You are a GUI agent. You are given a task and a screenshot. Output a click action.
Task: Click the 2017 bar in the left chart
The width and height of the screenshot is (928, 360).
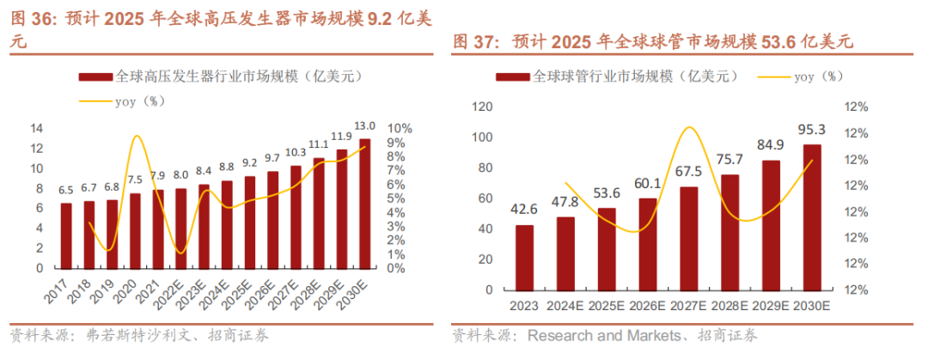click(x=66, y=235)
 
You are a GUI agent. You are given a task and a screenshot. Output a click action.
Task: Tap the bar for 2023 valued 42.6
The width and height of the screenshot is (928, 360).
click(x=525, y=259)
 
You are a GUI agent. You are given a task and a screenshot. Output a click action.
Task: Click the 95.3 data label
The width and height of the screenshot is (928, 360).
click(x=812, y=130)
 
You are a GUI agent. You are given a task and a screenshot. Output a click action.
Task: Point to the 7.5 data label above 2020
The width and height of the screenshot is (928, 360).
click(x=135, y=180)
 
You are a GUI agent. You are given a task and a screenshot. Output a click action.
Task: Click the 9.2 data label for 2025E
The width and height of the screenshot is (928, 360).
click(x=249, y=162)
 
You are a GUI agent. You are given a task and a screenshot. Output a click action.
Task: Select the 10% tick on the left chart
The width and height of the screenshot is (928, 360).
click(x=401, y=128)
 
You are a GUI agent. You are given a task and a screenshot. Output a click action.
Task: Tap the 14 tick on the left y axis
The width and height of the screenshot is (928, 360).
click(x=38, y=128)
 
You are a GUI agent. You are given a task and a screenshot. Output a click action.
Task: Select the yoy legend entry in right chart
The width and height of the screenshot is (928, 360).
click(x=803, y=76)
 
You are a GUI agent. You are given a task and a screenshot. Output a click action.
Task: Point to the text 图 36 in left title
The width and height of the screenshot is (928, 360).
click(x=30, y=19)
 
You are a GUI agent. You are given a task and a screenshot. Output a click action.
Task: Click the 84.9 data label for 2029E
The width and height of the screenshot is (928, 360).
click(x=771, y=145)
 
